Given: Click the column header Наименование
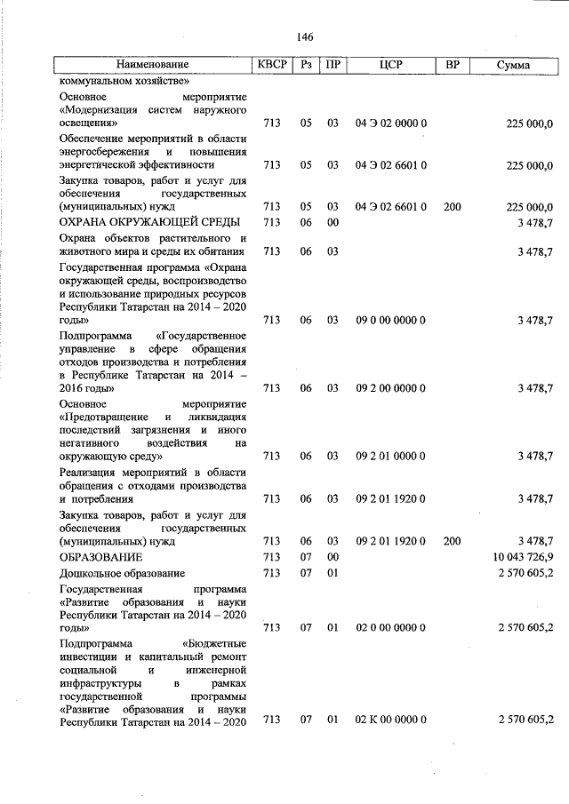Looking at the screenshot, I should (x=152, y=66).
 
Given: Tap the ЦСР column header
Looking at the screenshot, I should (x=391, y=66).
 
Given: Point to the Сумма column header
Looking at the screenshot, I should (x=513, y=66).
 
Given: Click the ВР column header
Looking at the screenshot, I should (x=452, y=66).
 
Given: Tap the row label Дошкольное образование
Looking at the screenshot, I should (x=122, y=573).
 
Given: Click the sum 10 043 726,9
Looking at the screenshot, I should (x=517, y=556).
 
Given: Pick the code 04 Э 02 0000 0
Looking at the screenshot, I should (x=391, y=123).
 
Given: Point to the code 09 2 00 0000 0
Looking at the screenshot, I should (x=391, y=388).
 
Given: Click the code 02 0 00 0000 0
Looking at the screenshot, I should (x=391, y=628).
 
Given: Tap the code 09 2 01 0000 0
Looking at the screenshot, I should (x=391, y=456).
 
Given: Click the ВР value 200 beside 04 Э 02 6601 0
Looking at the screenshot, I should (x=452, y=206).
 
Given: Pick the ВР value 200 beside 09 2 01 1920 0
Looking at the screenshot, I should (x=452, y=540).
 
